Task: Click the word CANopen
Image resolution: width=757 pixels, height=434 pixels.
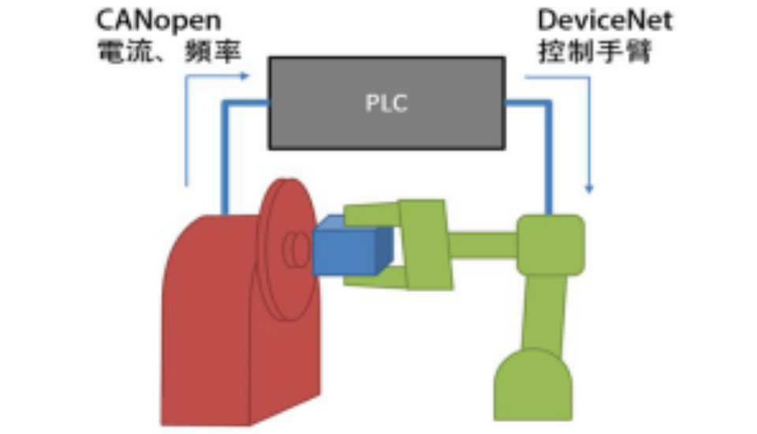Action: point(158,21)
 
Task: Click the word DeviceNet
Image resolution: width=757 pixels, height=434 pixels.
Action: point(605,21)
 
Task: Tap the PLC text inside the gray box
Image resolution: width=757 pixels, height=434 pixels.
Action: point(386,103)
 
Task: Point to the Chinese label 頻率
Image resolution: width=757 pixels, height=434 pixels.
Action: point(213,51)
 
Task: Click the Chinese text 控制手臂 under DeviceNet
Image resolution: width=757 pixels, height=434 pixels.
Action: point(595,51)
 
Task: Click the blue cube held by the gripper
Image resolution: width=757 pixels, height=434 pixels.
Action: point(352,245)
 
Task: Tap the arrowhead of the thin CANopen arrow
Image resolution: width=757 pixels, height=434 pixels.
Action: point(244,76)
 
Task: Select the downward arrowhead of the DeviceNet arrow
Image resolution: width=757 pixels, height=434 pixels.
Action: point(589,189)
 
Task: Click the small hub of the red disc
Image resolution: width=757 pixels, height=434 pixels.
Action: point(296,249)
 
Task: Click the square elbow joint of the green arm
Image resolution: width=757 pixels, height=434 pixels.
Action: point(550,245)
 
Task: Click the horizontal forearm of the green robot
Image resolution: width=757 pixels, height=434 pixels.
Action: point(483,245)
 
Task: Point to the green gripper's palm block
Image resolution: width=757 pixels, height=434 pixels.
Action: point(426,245)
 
